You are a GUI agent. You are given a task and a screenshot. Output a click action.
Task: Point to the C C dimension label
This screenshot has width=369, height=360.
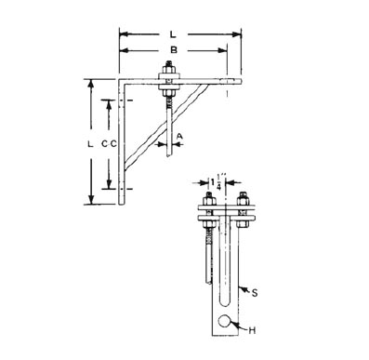pyautogui.click(x=110, y=144)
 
